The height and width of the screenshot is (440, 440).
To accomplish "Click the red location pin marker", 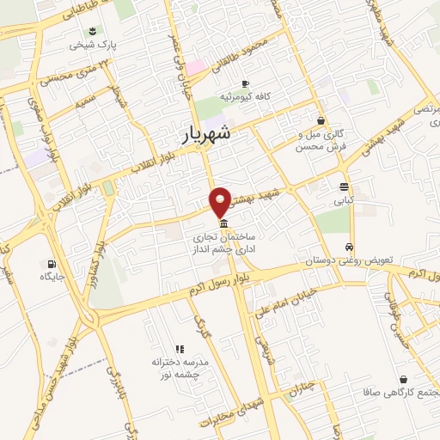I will point(221,201).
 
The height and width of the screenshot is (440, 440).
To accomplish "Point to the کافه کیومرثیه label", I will point(245,96).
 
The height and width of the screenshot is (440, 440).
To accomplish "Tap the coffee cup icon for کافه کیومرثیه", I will point(245,83).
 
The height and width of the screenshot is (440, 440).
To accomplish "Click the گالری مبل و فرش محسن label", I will point(320,141).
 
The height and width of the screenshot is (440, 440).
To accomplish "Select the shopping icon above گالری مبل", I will point(321,121).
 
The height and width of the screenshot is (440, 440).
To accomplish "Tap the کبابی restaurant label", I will point(344,199).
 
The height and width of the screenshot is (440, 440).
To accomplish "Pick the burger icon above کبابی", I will point(344,186).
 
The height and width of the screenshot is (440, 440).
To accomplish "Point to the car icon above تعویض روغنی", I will point(350,246).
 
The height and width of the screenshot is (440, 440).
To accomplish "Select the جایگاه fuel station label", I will point(52,277).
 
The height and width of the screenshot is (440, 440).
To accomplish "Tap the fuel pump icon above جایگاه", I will point(52,264).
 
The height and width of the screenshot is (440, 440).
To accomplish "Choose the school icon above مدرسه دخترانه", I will point(180,349).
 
